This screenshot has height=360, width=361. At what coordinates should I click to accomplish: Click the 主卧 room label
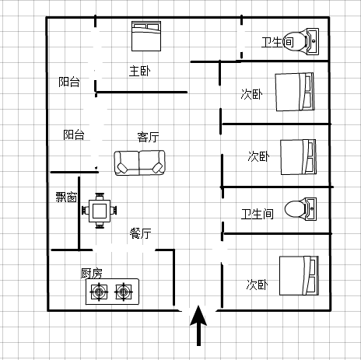[x=140, y=71]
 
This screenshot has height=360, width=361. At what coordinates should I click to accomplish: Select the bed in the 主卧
[x=146, y=36]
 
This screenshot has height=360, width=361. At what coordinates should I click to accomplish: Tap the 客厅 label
[x=148, y=137]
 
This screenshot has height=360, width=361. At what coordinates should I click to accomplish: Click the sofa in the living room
[x=139, y=163]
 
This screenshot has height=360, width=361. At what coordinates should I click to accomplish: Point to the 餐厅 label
[x=141, y=233]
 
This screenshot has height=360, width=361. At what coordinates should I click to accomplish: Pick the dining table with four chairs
[x=100, y=211]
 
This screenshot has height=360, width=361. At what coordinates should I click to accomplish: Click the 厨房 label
[x=92, y=273]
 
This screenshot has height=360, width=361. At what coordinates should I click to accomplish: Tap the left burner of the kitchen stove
[x=99, y=292]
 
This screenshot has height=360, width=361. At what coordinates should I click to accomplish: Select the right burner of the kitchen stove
[x=124, y=292]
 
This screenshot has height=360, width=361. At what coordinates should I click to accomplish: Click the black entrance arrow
[x=198, y=326]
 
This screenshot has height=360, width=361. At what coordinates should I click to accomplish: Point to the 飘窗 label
[x=66, y=197]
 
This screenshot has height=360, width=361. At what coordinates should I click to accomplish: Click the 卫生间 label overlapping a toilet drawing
[x=278, y=42]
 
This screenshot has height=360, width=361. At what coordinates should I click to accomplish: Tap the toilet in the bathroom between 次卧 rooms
[x=296, y=209]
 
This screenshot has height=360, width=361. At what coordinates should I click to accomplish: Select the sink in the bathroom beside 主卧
[x=313, y=41]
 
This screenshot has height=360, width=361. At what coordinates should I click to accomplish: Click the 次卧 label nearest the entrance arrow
[x=257, y=285]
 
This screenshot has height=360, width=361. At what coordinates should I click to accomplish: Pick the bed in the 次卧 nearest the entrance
[x=299, y=276]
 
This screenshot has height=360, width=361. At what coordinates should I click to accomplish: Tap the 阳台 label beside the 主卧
[x=69, y=82]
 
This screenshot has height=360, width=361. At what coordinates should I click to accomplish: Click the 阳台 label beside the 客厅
[x=74, y=135]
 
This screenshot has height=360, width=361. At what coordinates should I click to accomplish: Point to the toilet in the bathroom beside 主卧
[x=295, y=41]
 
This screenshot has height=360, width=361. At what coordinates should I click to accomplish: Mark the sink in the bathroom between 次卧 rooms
[x=311, y=209]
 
